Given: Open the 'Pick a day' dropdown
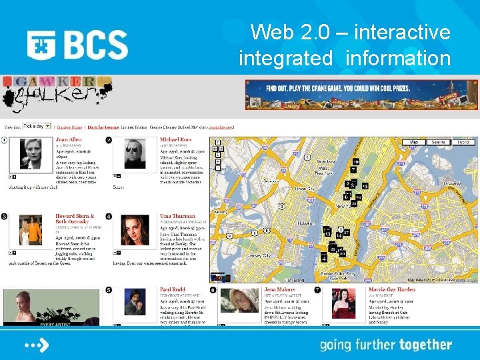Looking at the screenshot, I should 37,125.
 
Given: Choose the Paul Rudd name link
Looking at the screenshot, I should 173,290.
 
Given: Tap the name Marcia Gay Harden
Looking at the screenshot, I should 392,290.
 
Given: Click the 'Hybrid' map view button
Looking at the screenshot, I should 463,142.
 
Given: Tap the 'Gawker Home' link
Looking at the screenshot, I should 69,127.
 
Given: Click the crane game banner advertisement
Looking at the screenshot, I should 361,94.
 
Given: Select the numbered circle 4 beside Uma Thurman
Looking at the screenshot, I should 109,217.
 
